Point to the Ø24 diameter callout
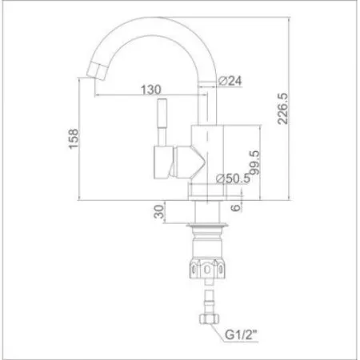click(230, 80)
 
